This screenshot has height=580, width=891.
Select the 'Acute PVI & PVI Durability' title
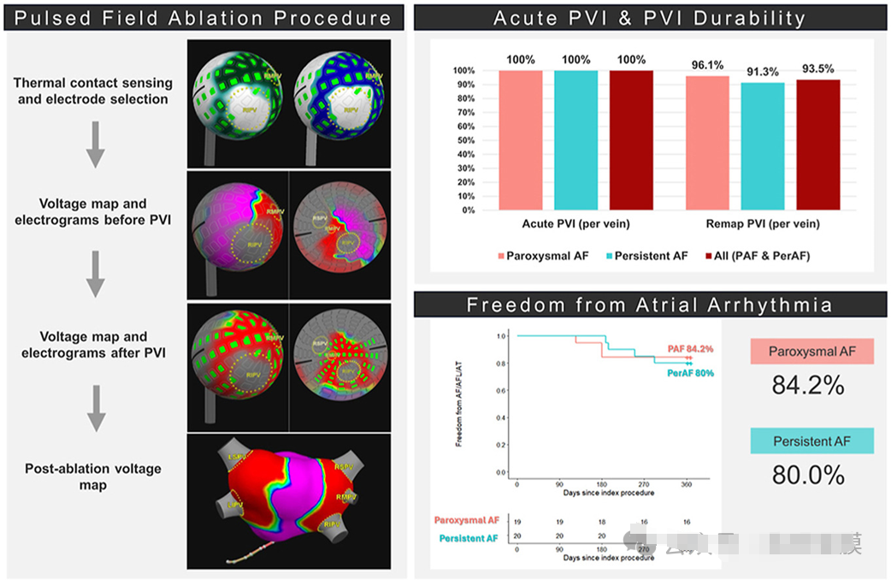[649, 17]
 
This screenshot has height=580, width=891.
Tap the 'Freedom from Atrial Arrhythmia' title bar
[649, 305]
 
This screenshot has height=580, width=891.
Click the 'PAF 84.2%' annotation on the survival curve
[691, 349]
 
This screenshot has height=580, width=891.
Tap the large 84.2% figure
[808, 386]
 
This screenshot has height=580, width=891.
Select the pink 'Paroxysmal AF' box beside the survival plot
[811, 352]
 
